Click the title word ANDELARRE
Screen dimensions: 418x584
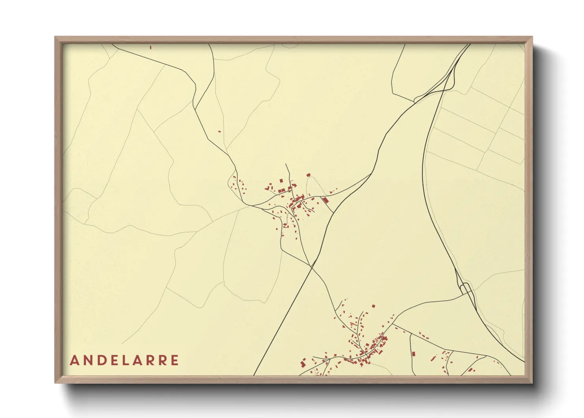(124, 360)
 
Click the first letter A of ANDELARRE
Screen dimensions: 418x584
(74, 360)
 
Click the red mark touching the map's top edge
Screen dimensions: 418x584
(151, 47)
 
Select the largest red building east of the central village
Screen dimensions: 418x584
(326, 200)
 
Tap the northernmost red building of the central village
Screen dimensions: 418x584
(309, 175)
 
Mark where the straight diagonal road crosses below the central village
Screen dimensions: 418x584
(312, 267)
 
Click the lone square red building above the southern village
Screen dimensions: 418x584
(373, 306)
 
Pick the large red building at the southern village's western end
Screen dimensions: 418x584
(303, 363)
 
